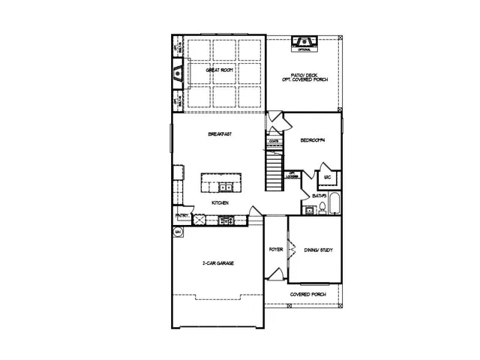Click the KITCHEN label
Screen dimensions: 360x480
click(220, 203)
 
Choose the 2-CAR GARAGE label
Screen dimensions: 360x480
click(218, 264)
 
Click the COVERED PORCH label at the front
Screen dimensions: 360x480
click(306, 295)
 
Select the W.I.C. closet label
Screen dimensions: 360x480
click(328, 178)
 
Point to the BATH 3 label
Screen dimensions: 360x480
click(319, 196)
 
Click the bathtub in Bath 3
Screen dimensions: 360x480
click(334, 205)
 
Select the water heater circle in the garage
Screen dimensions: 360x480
click(178, 232)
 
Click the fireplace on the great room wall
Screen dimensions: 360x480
click(178, 73)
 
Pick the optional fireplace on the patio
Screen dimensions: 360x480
click(303, 41)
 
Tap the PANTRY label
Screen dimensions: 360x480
click(181, 216)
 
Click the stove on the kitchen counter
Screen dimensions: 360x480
click(224, 220)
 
